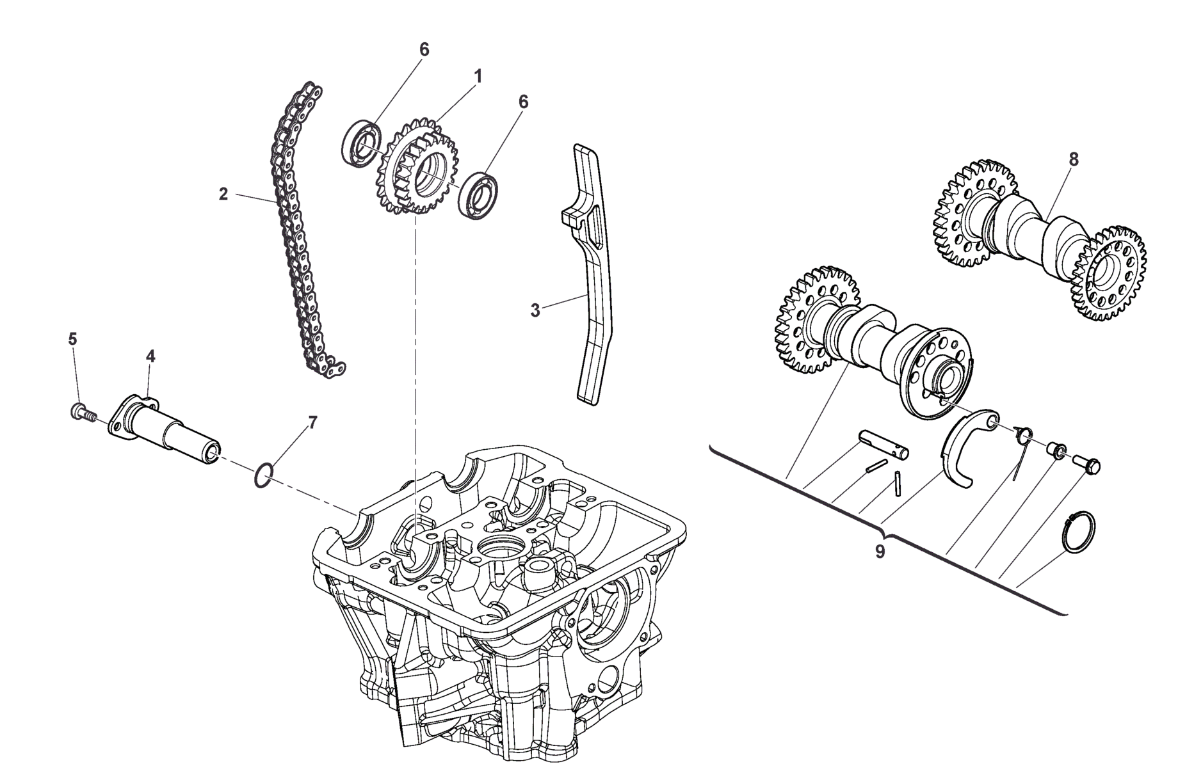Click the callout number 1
pos(478,76)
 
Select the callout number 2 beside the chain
pos(223,194)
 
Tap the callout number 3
pos(535,311)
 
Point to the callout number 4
pos(150,356)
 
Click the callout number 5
pos(72,339)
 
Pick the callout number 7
pos(312,422)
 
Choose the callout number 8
pos(1074,160)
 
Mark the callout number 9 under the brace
pos(880,552)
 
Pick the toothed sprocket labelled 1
pos(417,166)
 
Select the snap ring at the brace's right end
pos(1078,532)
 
